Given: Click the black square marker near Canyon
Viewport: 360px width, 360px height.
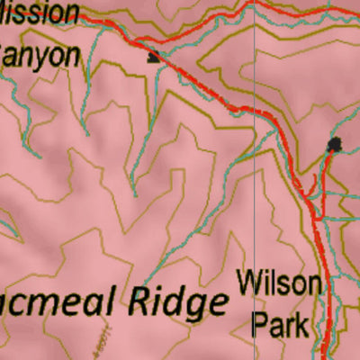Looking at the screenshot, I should [154, 57].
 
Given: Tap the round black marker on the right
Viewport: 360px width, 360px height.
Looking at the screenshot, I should [336, 144].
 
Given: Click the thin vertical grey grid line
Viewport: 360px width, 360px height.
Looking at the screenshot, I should [256, 180].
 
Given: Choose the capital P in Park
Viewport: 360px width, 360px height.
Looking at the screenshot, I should [257, 323].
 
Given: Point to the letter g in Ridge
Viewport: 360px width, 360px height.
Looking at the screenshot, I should [192, 306].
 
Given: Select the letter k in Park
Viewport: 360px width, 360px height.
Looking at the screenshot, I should [301, 323].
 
